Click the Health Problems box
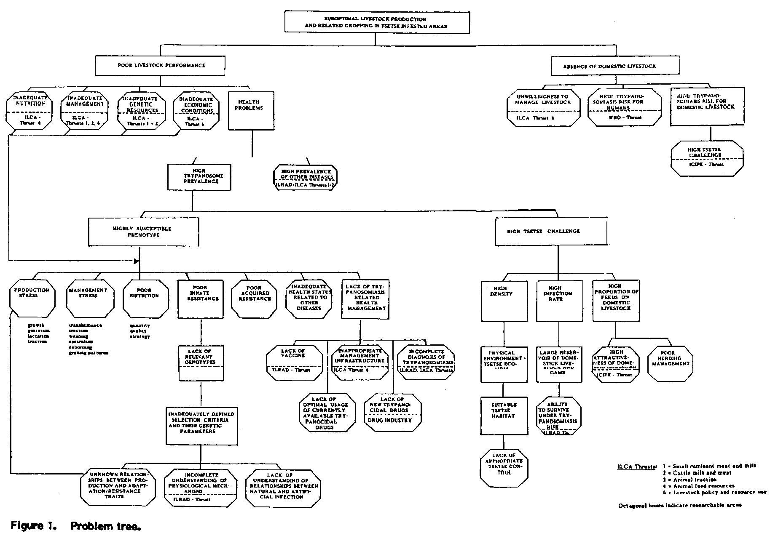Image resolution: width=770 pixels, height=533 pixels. (251, 110)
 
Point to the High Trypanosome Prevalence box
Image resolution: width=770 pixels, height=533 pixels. (199, 177)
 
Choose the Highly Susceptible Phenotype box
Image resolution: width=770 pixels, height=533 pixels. (143, 232)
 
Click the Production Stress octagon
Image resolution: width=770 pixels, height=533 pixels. (32, 298)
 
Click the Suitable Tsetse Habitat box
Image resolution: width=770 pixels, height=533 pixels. (504, 416)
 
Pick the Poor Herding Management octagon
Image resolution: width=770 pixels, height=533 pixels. (670, 363)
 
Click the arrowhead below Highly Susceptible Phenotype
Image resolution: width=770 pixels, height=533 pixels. (136, 261)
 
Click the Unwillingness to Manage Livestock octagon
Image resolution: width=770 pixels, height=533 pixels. (544, 107)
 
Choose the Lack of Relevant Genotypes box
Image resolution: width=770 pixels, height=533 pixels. (201, 363)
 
